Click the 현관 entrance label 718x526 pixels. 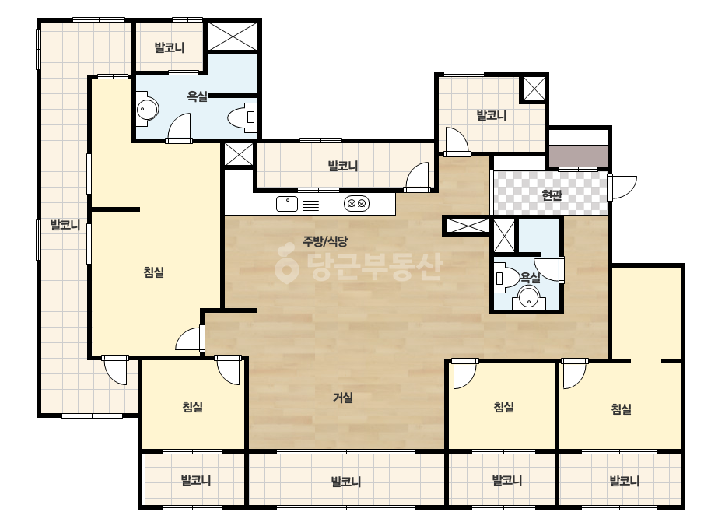[x=552, y=195]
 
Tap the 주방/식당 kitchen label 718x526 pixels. [x=325, y=240]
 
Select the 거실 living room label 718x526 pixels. [x=343, y=398]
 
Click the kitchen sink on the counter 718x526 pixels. [x=286, y=204]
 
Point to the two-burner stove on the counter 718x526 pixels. [x=357, y=203]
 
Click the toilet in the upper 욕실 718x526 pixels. [x=243, y=117]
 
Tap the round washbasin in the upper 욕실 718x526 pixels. [x=146, y=110]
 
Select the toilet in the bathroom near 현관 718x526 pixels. [x=506, y=278]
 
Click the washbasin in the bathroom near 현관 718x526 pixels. [x=529, y=297]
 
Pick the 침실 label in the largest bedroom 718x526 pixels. [x=154, y=272]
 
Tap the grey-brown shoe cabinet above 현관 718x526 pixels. [x=578, y=156]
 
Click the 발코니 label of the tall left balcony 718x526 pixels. [x=65, y=225]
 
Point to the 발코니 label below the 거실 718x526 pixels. [x=345, y=482]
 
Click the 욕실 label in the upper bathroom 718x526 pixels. [x=198, y=96]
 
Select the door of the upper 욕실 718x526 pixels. [x=179, y=128]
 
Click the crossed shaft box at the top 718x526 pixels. [x=233, y=35]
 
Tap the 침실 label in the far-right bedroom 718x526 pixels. [x=622, y=409]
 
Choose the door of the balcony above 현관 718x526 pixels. [x=457, y=141]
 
